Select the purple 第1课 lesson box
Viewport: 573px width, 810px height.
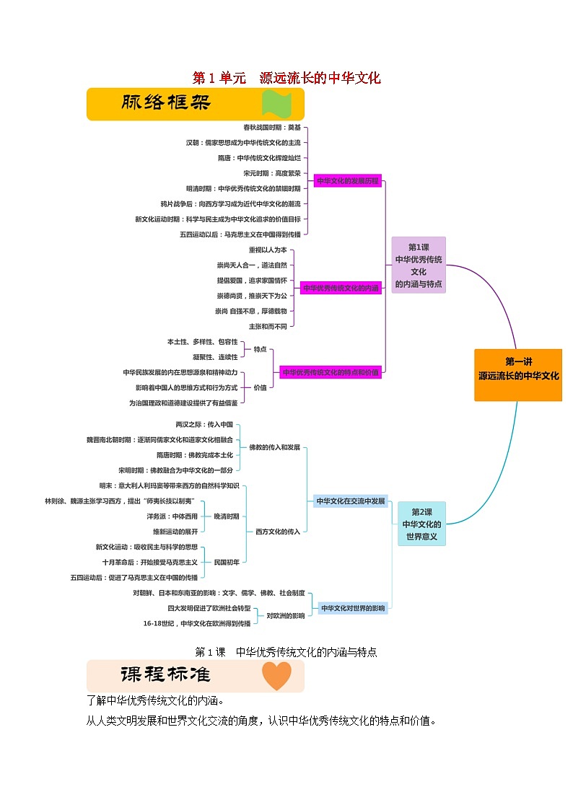(x=419, y=265)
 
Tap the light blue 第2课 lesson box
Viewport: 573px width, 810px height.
(x=421, y=524)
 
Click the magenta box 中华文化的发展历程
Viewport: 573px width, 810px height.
(x=347, y=181)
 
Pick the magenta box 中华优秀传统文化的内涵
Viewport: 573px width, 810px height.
(x=341, y=288)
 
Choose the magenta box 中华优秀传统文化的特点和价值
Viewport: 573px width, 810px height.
(x=331, y=372)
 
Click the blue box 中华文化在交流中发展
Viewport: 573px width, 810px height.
(x=351, y=501)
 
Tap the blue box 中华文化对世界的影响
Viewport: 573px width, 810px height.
(x=353, y=608)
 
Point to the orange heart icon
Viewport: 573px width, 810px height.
(x=276, y=676)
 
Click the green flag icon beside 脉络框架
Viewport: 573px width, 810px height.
(x=276, y=105)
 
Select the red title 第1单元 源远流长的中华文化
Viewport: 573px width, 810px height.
(x=286, y=78)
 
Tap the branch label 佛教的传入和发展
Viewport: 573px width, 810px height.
(x=274, y=447)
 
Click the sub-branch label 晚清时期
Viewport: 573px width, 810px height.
(x=227, y=516)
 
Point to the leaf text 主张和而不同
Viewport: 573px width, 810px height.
(x=268, y=327)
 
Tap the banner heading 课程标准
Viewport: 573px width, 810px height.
(x=166, y=675)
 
